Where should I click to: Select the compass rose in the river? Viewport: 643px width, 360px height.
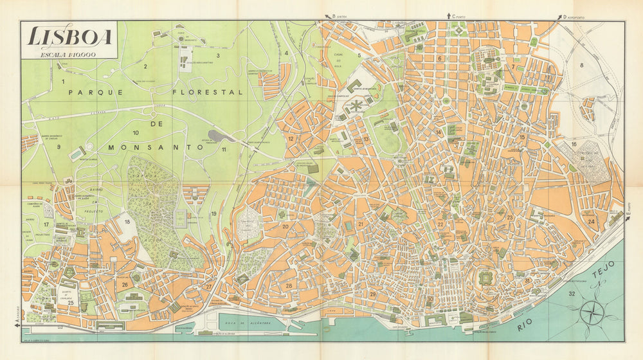point(592,313)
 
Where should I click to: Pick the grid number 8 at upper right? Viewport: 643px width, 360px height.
point(581,65)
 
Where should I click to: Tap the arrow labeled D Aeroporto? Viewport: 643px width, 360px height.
point(558,17)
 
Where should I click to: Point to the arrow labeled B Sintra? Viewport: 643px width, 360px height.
point(326,17)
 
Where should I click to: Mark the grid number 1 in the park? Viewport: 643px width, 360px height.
point(64,82)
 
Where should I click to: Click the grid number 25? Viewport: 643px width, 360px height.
point(71,302)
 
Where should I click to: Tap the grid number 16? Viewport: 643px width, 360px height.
point(574,145)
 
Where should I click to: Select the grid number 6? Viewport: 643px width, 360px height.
point(440,59)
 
